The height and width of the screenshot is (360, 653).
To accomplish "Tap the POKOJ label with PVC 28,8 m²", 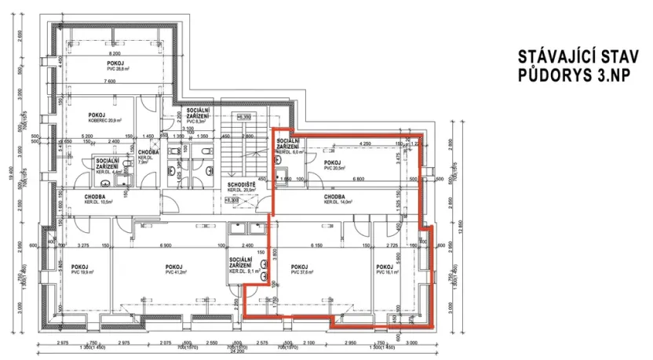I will click(x=115, y=64).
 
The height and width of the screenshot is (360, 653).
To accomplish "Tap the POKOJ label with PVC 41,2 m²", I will click(x=175, y=266).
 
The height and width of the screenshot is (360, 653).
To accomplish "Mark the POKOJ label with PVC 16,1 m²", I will click(x=384, y=266).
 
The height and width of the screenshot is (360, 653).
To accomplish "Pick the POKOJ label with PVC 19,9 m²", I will click(x=79, y=266).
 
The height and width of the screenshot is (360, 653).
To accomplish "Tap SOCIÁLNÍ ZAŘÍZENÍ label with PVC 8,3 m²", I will click(x=197, y=115).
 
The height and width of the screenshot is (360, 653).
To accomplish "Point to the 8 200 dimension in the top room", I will click(x=115, y=53).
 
